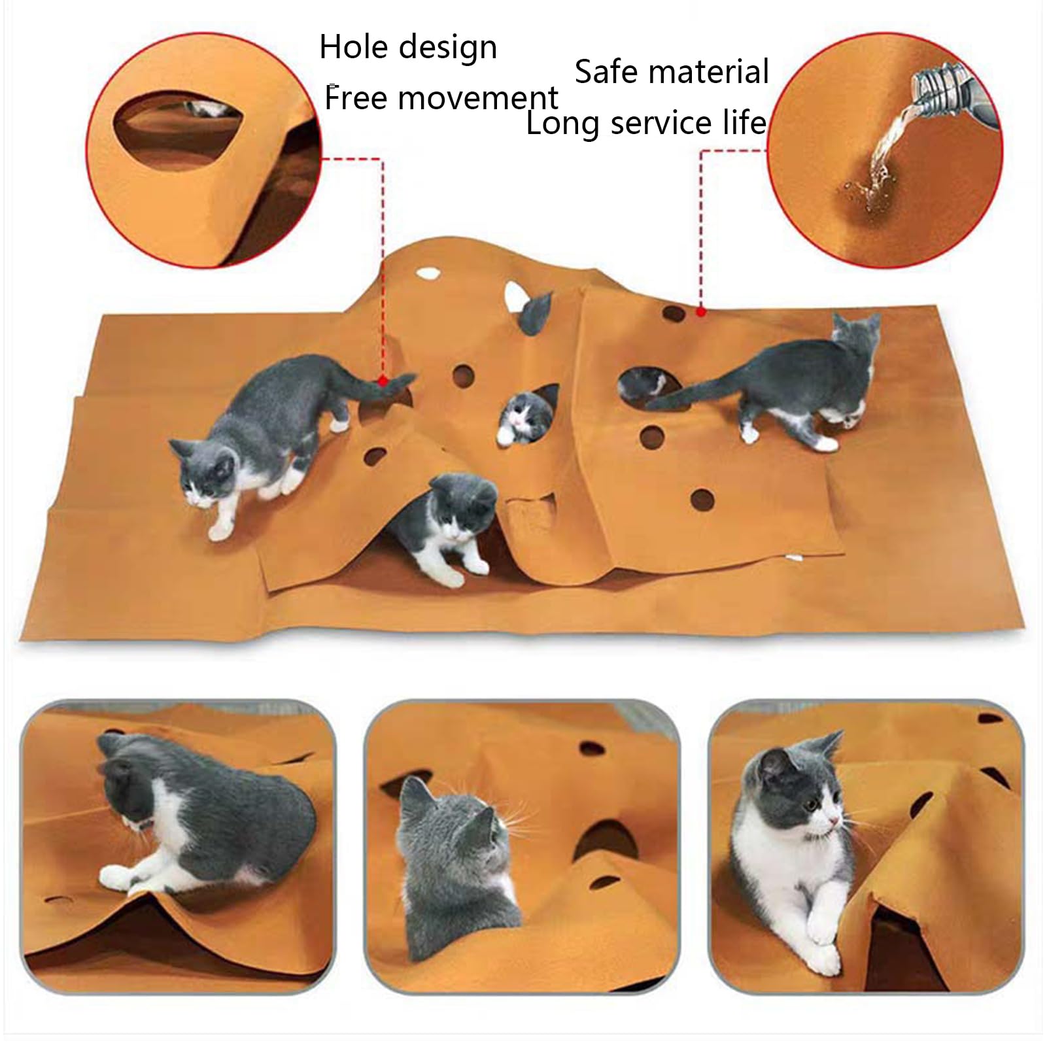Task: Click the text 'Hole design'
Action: point(408,48)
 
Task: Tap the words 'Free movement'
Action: point(441,99)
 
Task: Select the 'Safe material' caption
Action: point(672,72)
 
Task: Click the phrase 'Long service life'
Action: point(646,123)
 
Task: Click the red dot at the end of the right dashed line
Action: point(700,312)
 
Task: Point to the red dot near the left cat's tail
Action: point(383,380)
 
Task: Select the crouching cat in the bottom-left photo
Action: point(196,817)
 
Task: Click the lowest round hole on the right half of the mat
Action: point(702,500)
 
